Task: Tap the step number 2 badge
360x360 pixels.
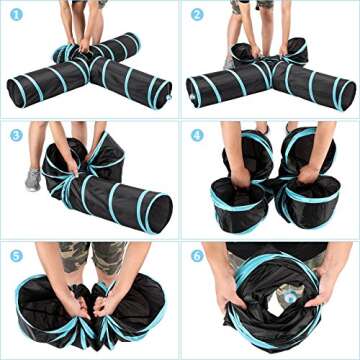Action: pos(197,15)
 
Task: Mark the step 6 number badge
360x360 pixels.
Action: pos(197,254)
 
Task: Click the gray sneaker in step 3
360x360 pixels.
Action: pos(33,179)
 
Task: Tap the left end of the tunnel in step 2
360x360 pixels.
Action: pos(197,90)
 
